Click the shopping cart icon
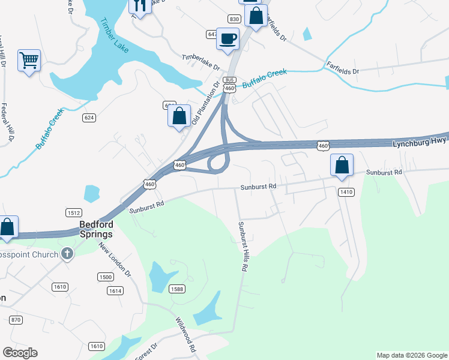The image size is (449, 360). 29,61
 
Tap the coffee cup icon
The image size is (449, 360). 228,39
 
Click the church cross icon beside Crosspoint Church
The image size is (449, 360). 67,254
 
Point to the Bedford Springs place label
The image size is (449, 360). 96,229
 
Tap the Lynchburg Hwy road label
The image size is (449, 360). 420,143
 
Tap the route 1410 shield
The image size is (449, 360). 346,192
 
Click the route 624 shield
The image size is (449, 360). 89,118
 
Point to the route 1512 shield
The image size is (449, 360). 73,212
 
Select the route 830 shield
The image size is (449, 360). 234,19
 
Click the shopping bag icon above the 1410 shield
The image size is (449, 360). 342,165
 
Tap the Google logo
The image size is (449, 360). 20,353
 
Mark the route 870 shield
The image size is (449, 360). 16,320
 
